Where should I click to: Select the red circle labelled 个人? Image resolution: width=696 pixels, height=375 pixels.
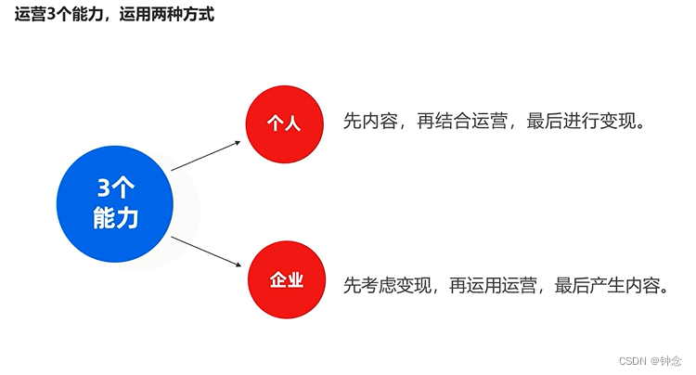click(284, 123)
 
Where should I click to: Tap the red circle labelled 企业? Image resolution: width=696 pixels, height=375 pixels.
click(287, 280)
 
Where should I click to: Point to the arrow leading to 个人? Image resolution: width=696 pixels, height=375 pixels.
click(207, 155)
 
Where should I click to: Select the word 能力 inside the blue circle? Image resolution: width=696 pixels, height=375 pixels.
click(115, 218)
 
